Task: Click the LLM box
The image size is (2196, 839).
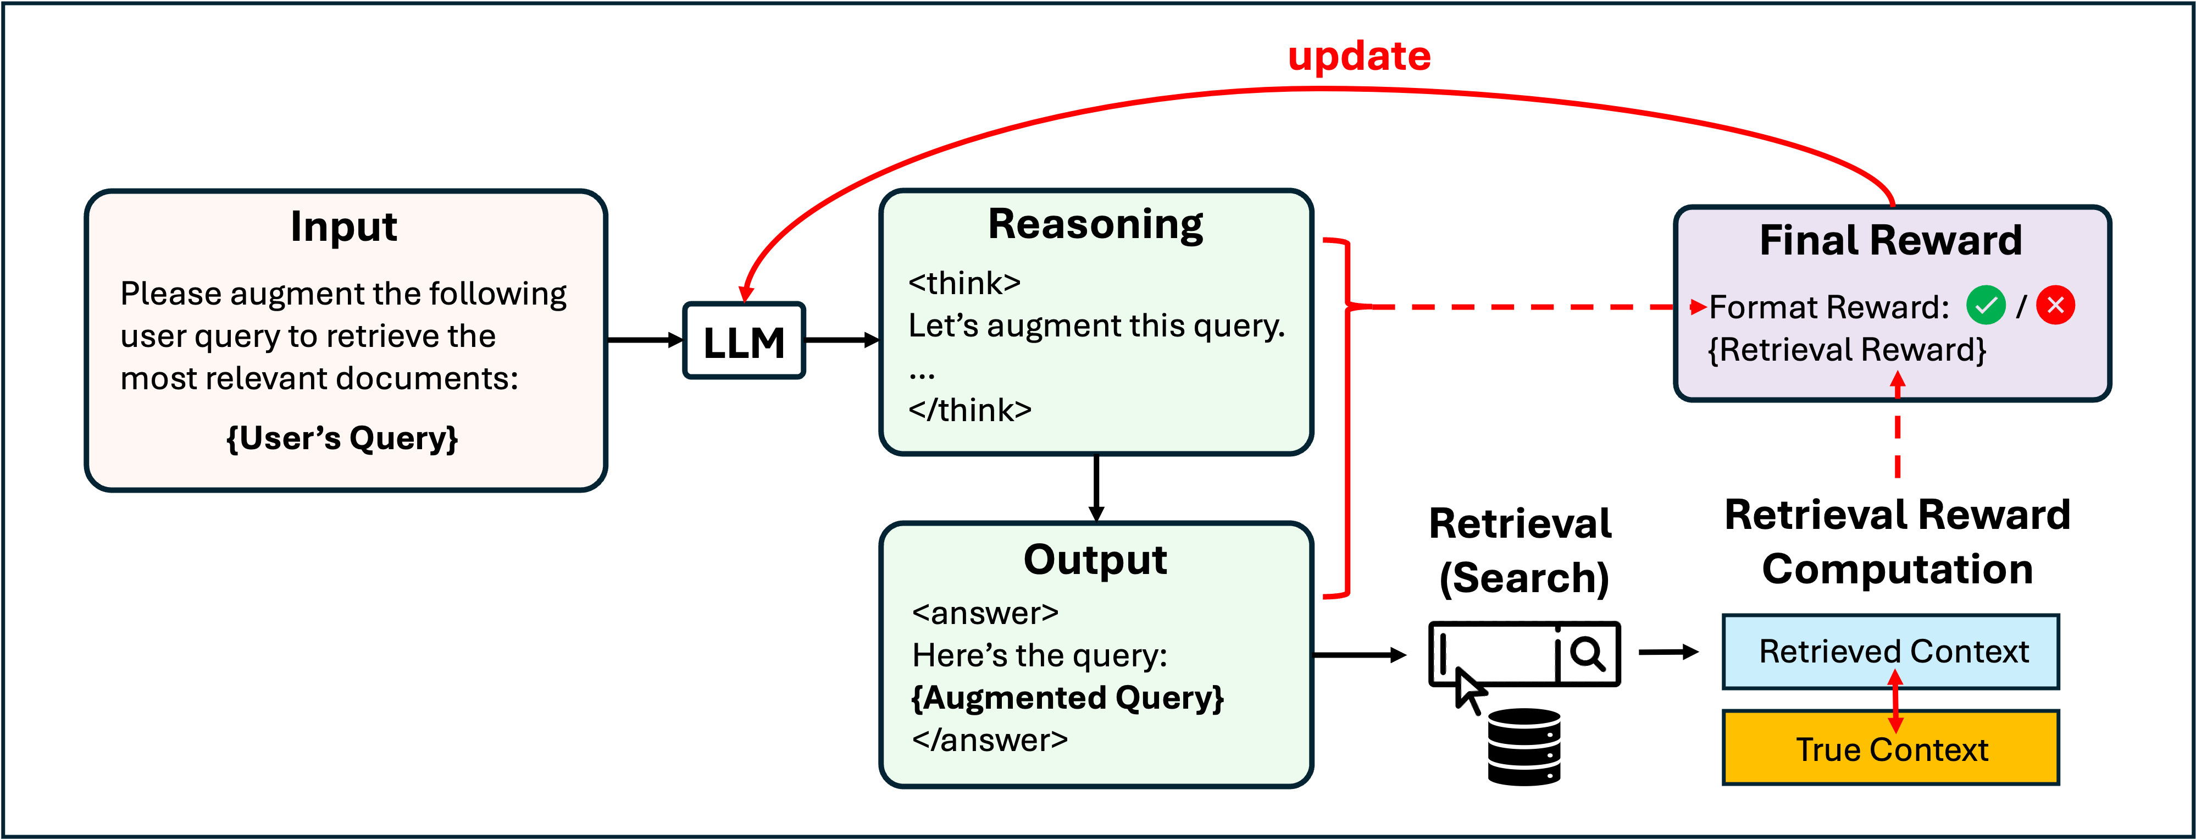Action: (744, 341)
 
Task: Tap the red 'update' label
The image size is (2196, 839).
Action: (1359, 56)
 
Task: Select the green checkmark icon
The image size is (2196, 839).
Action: (1986, 305)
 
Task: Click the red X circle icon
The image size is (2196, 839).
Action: (2055, 305)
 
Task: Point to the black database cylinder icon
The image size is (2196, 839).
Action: (1524, 747)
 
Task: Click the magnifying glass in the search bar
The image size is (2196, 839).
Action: (1587, 654)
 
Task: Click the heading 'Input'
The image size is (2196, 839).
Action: (343, 227)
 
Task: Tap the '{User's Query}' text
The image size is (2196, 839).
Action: (342, 438)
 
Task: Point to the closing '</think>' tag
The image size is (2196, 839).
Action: (969, 410)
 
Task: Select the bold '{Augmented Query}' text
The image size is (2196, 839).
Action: (1067, 698)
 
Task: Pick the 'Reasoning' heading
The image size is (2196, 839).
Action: (1095, 224)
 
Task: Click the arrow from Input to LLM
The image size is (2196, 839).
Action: (645, 340)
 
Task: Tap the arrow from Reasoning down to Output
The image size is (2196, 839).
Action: (1096, 488)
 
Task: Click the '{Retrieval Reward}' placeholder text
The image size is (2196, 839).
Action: (1846, 350)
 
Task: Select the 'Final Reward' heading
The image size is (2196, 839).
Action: (1891, 240)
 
